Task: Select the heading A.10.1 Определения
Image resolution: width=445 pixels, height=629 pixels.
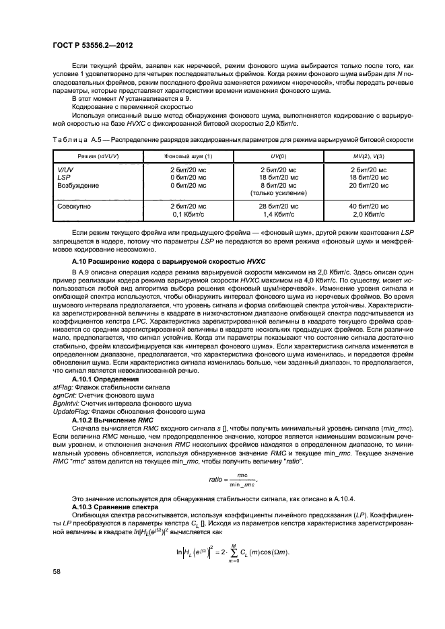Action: coord(105,379)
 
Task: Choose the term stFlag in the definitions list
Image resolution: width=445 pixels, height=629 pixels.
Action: coord(63,387)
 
